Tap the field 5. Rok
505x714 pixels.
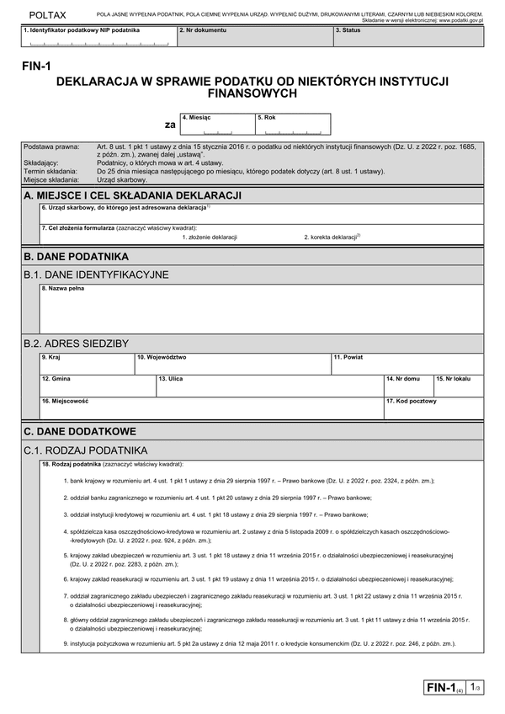(292, 125)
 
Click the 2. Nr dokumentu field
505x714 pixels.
(254, 39)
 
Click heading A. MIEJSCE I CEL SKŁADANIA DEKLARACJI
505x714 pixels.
(135, 195)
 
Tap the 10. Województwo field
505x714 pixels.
(232, 364)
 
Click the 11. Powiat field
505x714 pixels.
(407, 364)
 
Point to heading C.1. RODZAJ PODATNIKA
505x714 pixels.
(86, 450)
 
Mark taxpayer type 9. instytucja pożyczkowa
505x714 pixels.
(59, 644)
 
